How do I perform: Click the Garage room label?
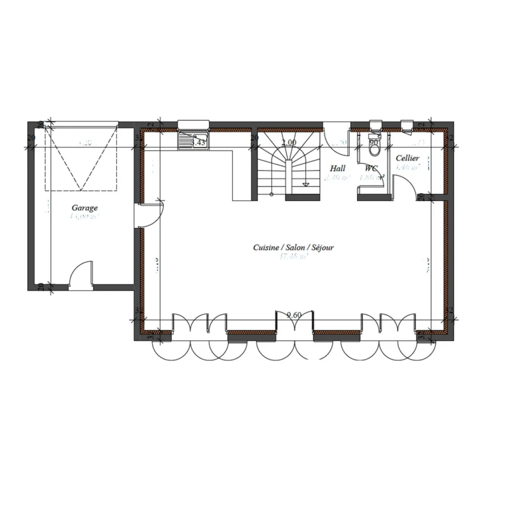pos(84,207)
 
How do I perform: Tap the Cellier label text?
pos(407,158)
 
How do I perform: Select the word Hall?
pos(337,168)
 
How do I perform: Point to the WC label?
pos(371,168)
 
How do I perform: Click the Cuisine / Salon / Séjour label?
pos(294,247)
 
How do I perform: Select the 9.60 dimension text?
pos(294,315)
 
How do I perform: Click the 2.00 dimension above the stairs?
pos(288,142)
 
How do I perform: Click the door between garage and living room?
pos(152,213)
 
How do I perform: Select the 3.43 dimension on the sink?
pos(199,142)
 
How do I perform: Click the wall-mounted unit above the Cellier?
pos(407,125)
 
